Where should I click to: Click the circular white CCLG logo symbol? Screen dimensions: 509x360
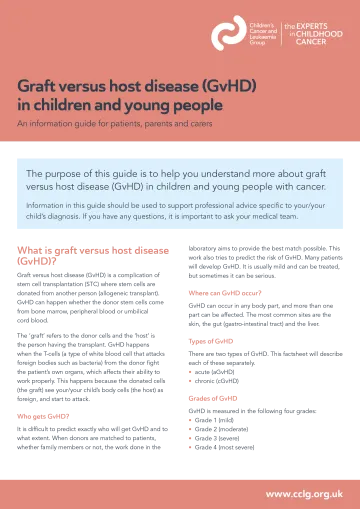[x=229, y=33]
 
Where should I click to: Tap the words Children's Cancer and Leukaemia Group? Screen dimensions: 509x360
[x=262, y=33]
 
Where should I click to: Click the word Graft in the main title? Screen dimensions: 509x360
[x=37, y=87]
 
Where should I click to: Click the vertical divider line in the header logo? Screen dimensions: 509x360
[x=280, y=34]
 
